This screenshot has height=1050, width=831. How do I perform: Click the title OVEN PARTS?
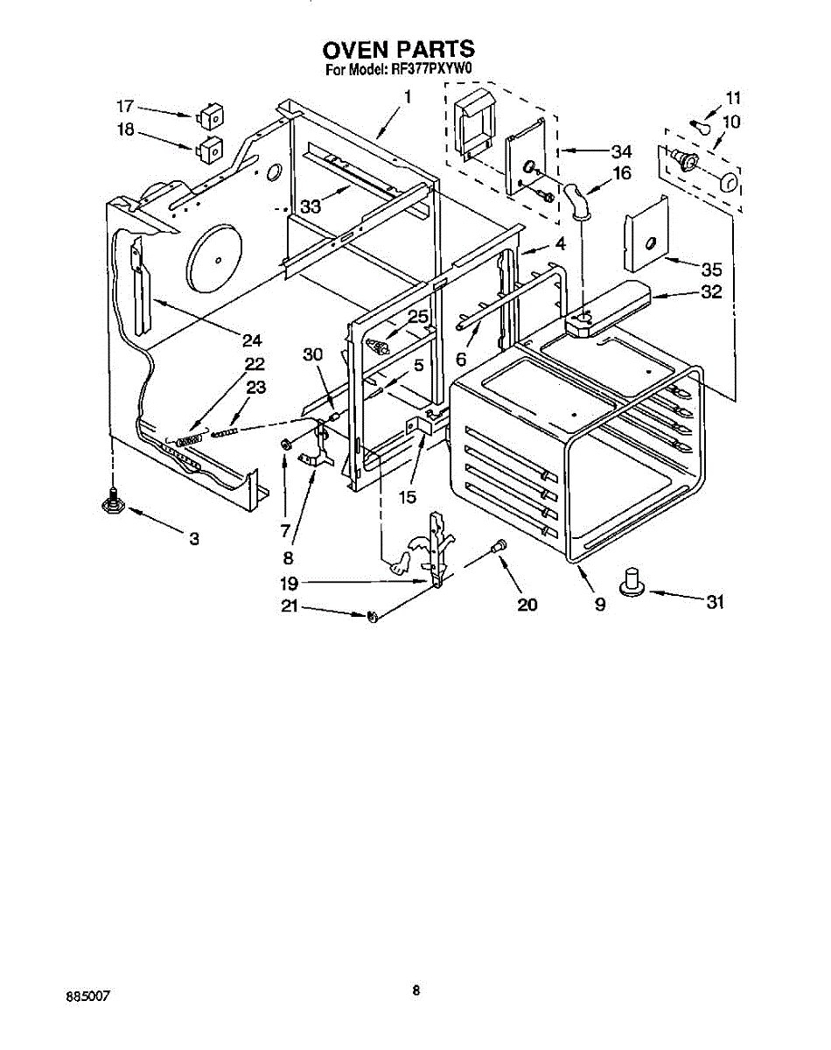[x=399, y=48]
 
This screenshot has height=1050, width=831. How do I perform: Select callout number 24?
[x=253, y=340]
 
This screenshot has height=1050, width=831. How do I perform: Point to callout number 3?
[x=193, y=539]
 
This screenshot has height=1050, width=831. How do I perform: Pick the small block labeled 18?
[x=208, y=148]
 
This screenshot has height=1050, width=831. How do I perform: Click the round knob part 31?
[x=632, y=583]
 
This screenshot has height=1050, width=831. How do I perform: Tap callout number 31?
[x=716, y=603]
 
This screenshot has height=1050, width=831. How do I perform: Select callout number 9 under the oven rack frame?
[x=600, y=604]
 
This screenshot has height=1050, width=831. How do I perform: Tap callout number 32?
[x=711, y=293]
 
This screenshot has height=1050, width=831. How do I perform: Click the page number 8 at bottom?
[x=416, y=990]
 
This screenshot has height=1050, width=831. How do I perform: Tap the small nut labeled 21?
[x=372, y=618]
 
